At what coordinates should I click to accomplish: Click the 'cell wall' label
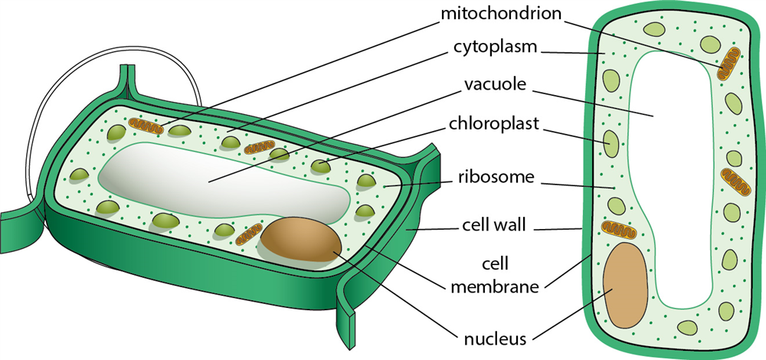click(x=496, y=226)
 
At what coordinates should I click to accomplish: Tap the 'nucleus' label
click(x=494, y=338)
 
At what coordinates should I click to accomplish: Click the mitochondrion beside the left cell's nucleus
click(x=247, y=234)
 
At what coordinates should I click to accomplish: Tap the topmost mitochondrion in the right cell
click(x=729, y=63)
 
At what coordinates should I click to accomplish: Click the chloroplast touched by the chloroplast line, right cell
click(x=611, y=142)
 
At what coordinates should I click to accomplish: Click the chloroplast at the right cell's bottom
click(x=686, y=327)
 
